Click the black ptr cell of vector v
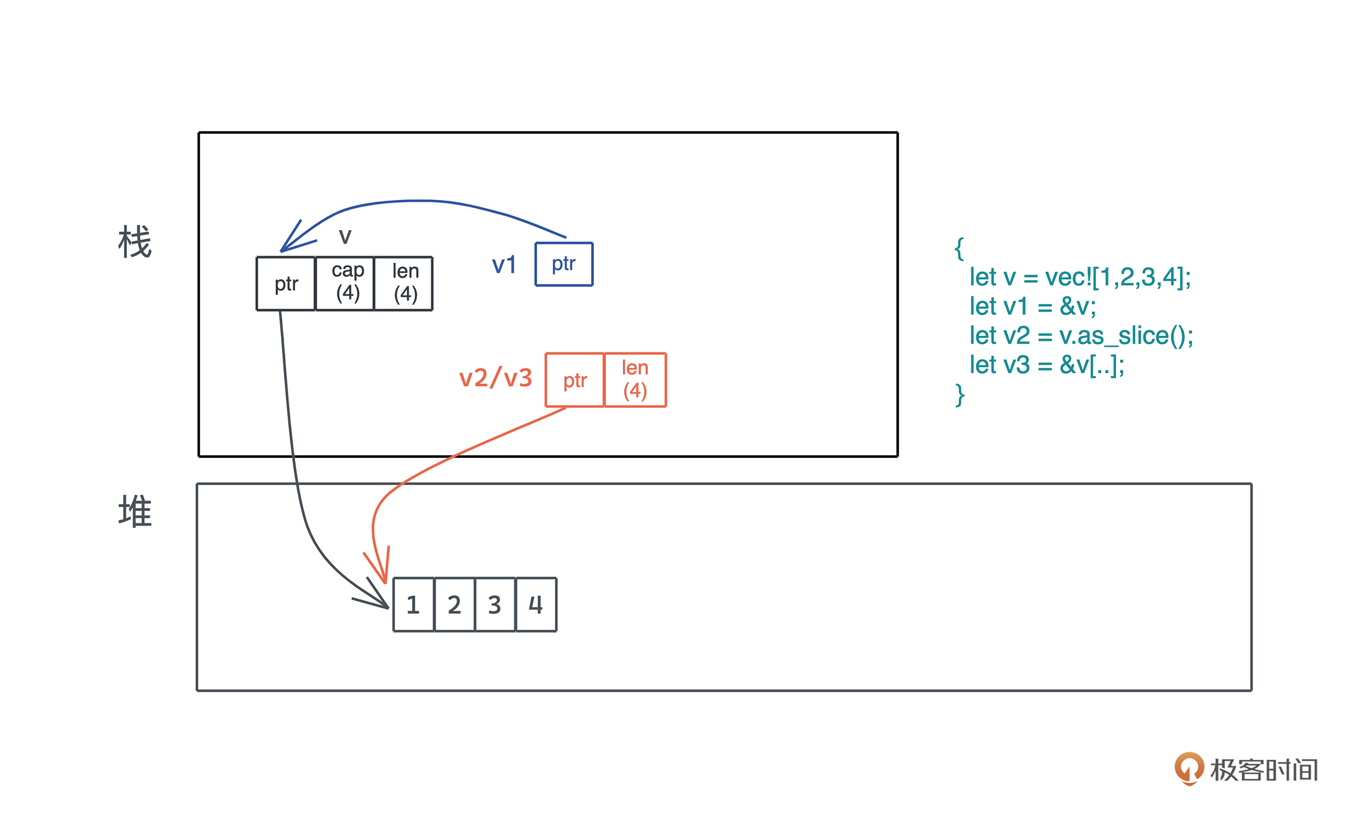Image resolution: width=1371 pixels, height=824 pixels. tap(286, 284)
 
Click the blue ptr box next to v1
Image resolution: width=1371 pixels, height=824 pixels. tap(564, 264)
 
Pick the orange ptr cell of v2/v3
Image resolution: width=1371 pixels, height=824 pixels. tap(575, 380)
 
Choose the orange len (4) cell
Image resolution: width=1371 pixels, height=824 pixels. tap(635, 380)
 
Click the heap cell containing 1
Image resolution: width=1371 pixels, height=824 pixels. tap(414, 604)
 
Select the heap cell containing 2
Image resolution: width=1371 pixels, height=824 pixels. tap(454, 604)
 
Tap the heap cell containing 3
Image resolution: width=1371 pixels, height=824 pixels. tap(495, 604)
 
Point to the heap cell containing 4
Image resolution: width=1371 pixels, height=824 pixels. tap(536, 604)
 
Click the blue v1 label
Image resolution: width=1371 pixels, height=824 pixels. tap(503, 265)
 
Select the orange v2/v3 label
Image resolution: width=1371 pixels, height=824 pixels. tap(495, 378)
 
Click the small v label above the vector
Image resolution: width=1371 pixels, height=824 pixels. tap(345, 236)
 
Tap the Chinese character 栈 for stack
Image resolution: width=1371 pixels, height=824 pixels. tap(135, 242)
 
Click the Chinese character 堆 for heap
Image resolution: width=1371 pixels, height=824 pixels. tap(135, 511)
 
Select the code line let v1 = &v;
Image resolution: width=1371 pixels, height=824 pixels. tap(1033, 307)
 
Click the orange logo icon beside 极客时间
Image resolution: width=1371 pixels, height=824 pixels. tap(1189, 768)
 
